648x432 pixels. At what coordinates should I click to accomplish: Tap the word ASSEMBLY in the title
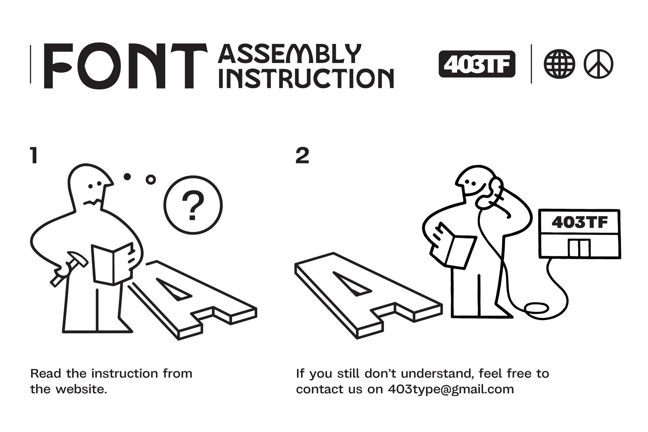click(289, 54)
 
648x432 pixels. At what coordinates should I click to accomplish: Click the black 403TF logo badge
click(477, 64)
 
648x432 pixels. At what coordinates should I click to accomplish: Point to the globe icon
click(559, 65)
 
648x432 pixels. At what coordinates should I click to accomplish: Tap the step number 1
click(34, 156)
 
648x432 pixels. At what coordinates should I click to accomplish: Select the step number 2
click(302, 156)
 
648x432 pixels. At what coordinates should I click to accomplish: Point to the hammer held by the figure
click(68, 270)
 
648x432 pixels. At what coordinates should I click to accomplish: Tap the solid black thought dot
click(127, 176)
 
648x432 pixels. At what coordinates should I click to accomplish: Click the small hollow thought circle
click(151, 179)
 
